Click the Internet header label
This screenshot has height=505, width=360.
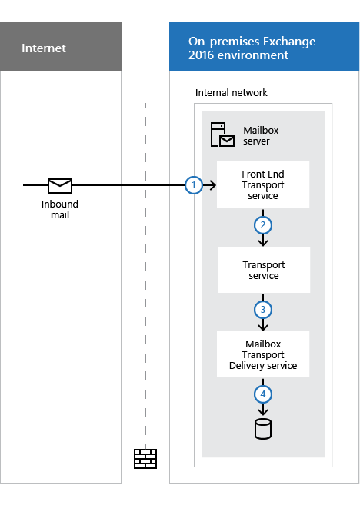(43, 48)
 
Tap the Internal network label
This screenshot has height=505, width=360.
(231, 93)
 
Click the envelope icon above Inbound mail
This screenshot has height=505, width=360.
(60, 185)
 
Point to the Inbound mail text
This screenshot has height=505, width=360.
(60, 209)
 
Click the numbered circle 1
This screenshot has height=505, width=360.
(195, 185)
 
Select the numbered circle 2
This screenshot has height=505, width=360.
(263, 225)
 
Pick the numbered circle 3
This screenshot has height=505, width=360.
(263, 310)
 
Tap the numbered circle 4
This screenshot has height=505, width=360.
(263, 394)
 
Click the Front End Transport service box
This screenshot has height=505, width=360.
(263, 185)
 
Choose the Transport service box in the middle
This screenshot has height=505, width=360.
(263, 270)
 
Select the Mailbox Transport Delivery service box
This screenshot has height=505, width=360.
(263, 354)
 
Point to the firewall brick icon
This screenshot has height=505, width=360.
(145, 458)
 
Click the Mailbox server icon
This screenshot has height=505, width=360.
(222, 135)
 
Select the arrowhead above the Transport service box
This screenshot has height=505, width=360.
(263, 243)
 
